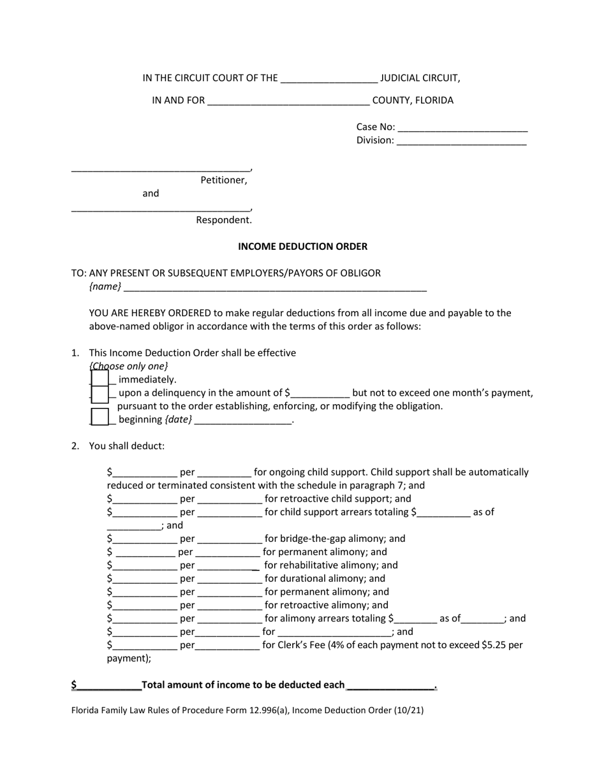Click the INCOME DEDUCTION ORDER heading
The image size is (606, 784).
(302, 246)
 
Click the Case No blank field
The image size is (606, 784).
(462, 127)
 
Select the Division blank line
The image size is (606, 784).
(461, 141)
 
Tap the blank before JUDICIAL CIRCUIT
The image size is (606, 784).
(329, 78)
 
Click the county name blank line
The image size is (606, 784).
(288, 101)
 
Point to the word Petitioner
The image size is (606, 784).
(223, 180)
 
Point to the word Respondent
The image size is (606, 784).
(223, 220)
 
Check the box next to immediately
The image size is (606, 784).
(100, 379)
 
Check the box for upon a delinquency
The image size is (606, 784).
(100, 393)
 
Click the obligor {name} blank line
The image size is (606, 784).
(275, 287)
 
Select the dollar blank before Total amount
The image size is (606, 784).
(108, 685)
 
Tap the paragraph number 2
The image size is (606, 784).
(75, 446)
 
